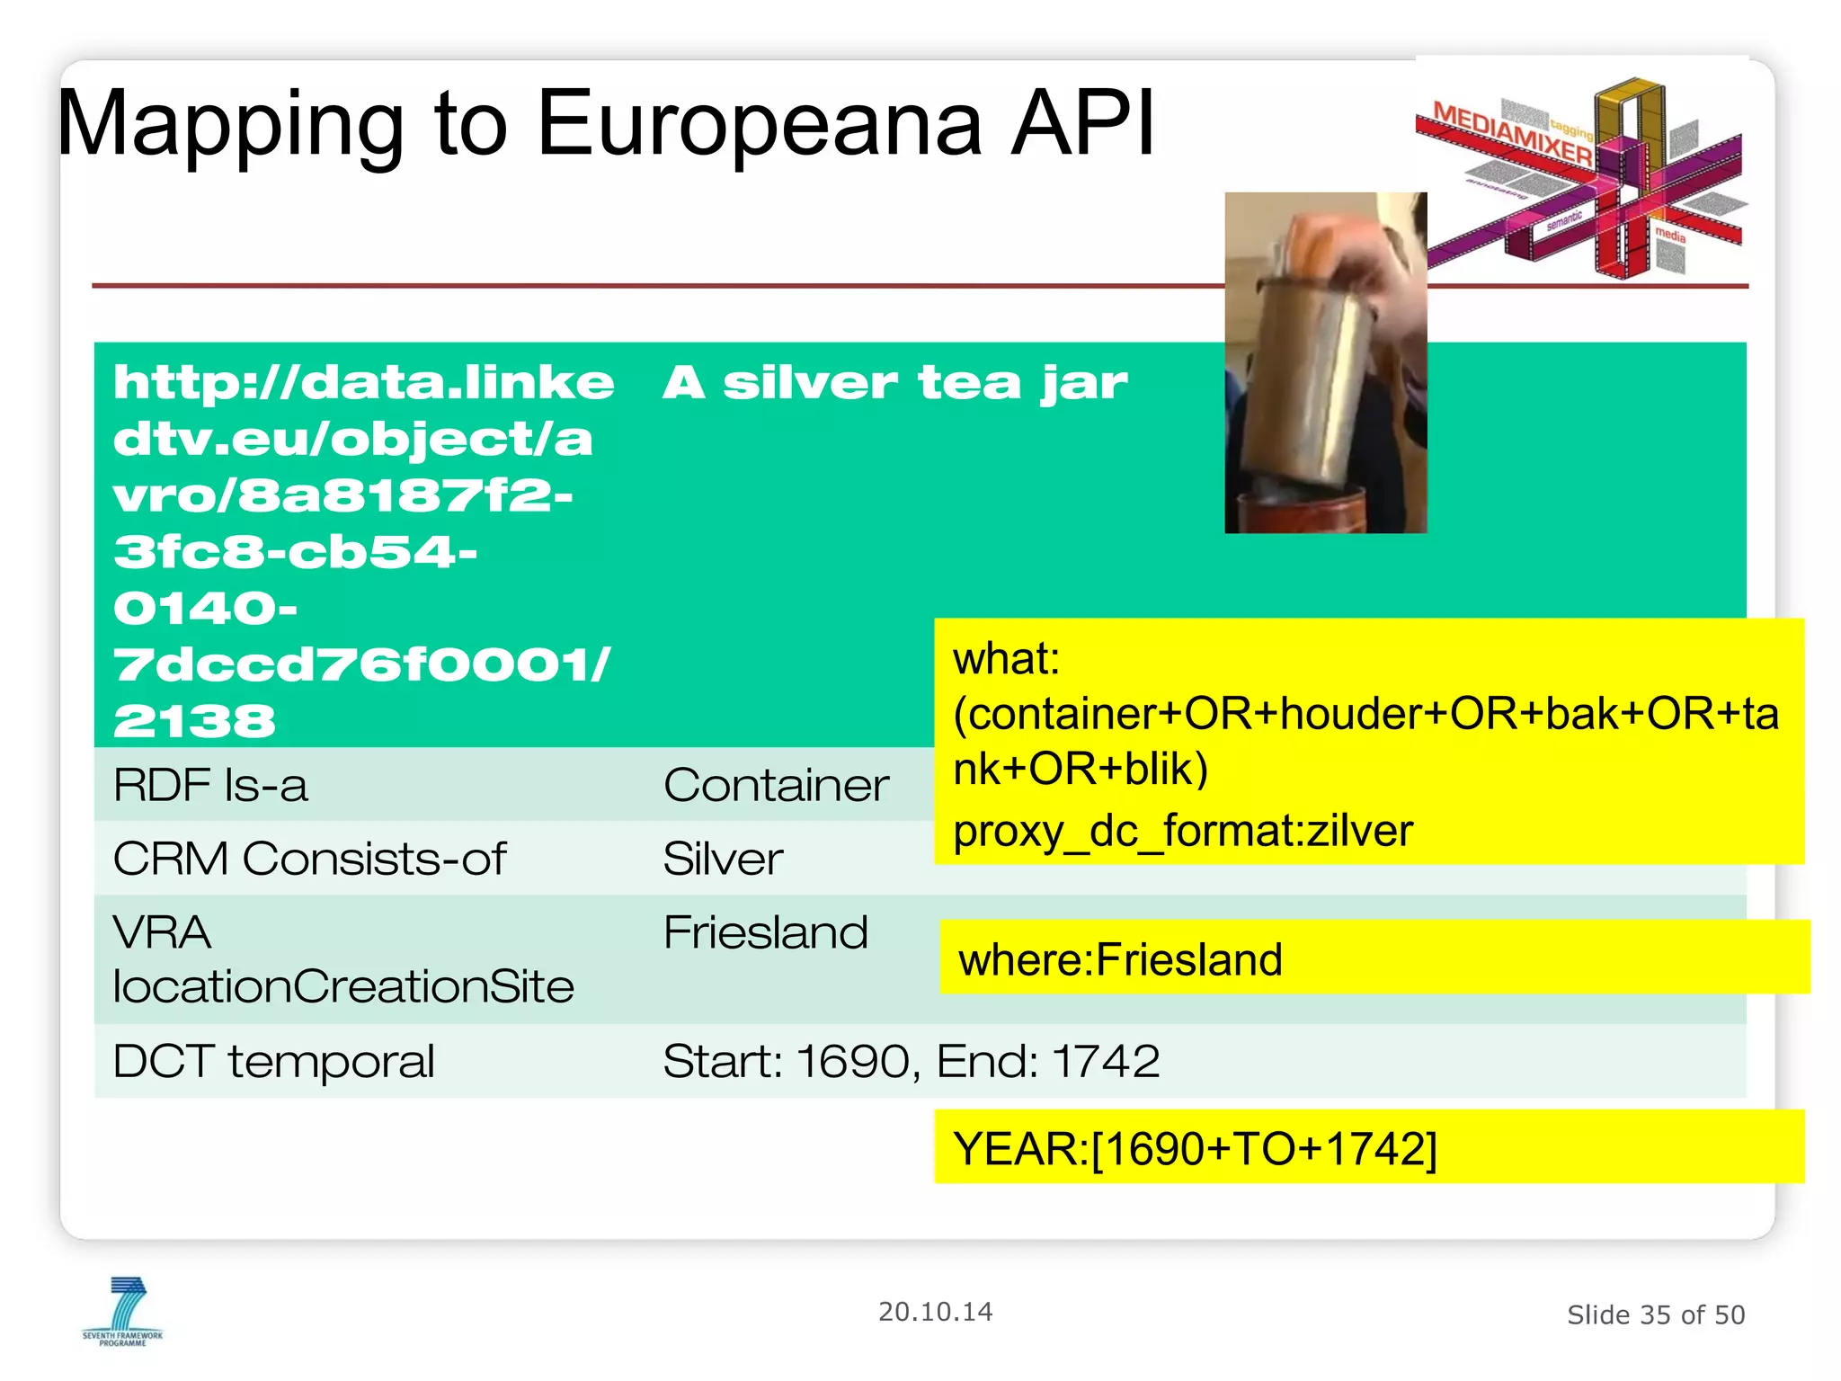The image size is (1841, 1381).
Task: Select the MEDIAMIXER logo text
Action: click(1510, 133)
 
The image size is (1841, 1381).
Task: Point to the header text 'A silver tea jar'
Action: click(894, 383)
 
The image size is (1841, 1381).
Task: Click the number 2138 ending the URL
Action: click(194, 721)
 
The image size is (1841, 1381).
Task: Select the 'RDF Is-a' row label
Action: click(210, 785)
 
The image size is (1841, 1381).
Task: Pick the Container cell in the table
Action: click(776, 785)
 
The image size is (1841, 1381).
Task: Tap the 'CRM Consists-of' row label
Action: click(309, 858)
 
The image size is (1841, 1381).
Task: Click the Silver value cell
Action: click(723, 858)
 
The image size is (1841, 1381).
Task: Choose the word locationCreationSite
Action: click(343, 987)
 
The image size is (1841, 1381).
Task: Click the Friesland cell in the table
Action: click(766, 932)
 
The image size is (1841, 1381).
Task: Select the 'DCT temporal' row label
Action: click(274, 1061)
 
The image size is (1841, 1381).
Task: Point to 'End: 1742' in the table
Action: click(1048, 1061)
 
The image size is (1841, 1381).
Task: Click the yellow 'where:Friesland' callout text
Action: click(1120, 959)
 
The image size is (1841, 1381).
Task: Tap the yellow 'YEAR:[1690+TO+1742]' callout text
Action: click(1195, 1148)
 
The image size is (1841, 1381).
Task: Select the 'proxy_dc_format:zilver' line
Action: click(1183, 831)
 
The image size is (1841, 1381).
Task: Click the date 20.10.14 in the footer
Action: click(935, 1312)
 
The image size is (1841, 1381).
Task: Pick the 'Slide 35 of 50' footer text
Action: click(1655, 1314)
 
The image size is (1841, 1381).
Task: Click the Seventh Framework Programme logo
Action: click(124, 1311)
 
